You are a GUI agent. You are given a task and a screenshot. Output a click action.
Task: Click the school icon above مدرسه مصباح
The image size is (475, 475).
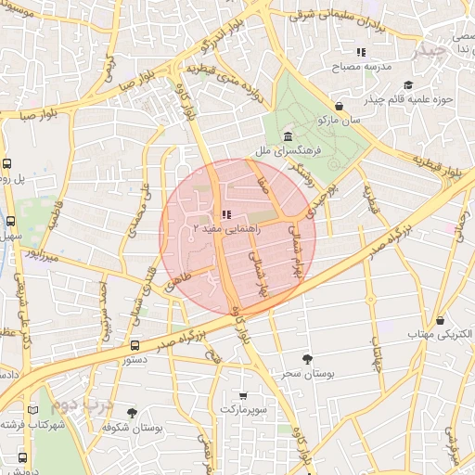[361, 52]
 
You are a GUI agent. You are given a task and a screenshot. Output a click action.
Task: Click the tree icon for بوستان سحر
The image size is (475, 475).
[307, 358]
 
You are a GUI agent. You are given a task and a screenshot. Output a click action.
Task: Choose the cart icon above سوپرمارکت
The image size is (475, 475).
[243, 395]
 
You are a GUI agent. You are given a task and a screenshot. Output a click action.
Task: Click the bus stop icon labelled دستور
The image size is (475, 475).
[135, 346]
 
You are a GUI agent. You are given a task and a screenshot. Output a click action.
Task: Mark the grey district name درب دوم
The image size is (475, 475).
[82, 405]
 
